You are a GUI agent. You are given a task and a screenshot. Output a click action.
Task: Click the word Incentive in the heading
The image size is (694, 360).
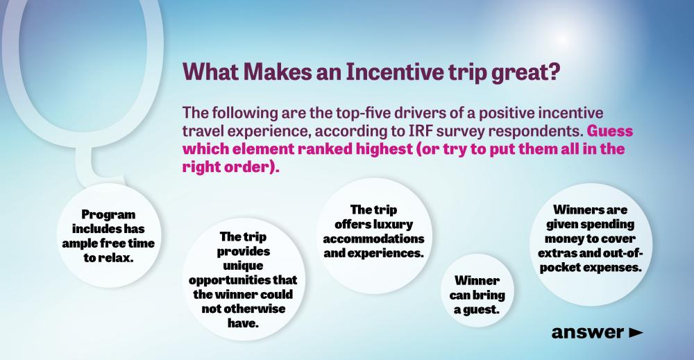(394, 71)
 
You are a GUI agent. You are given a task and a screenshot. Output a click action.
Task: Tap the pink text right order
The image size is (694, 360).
(227, 166)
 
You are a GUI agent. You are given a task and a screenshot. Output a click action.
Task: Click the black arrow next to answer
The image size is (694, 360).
(636, 332)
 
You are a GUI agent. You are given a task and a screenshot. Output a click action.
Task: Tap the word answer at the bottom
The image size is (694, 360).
(588, 332)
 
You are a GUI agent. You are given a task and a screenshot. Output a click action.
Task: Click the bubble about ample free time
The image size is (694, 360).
(109, 236)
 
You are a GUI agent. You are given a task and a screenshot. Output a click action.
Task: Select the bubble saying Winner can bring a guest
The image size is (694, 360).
(477, 290)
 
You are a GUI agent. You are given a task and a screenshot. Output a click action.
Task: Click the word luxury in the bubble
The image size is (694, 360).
(393, 225)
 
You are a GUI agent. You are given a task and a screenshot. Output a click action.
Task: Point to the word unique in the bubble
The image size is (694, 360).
(243, 266)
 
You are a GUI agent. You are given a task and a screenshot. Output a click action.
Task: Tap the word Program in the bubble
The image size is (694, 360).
(108, 215)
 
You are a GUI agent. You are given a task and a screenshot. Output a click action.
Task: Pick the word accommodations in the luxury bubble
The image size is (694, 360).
(373, 239)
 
